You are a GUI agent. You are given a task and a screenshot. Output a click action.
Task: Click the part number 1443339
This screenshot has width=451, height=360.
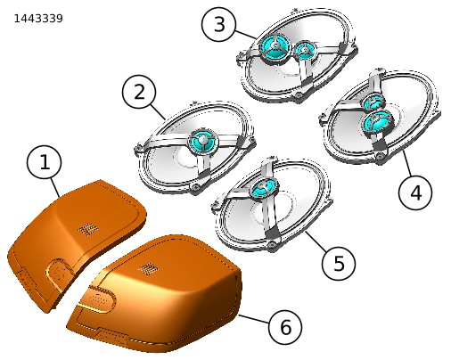[38, 19]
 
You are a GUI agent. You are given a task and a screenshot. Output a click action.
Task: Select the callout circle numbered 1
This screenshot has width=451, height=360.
[45, 162]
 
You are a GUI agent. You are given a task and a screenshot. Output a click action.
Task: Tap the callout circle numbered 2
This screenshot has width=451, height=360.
[139, 92]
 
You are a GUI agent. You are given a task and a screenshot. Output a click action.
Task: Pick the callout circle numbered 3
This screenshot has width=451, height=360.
[218, 24]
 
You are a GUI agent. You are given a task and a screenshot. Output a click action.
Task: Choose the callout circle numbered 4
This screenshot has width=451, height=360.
[415, 192]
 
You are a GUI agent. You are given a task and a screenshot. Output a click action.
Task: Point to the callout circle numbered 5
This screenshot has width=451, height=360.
[339, 264]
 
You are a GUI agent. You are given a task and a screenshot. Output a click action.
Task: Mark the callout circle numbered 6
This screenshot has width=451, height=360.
[285, 327]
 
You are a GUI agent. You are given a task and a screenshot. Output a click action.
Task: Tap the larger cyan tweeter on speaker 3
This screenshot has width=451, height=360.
[274, 47]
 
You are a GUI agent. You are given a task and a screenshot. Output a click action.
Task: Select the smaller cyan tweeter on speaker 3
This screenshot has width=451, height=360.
[304, 51]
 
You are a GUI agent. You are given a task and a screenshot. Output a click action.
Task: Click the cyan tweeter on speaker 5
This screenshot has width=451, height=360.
[264, 187]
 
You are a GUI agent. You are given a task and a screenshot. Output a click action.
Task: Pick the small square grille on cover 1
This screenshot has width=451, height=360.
[87, 229]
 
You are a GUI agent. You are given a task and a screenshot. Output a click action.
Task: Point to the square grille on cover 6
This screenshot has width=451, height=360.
[148, 268]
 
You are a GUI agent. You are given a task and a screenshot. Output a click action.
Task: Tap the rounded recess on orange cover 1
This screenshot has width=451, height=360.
[59, 274]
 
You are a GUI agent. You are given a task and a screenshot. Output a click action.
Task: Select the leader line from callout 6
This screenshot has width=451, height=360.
[253, 319]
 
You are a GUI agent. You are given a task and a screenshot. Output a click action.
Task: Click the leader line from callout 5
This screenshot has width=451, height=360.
[316, 241]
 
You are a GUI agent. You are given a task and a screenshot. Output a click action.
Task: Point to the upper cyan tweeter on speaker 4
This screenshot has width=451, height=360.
[373, 101]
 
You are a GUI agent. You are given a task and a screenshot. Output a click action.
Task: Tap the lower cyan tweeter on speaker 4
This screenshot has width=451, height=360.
[376, 121]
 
